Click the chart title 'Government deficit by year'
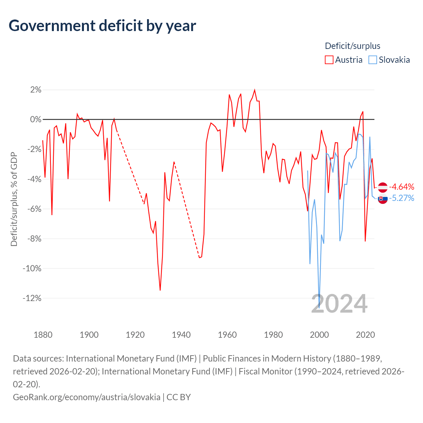coord(102,26)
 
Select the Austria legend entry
coord(344,60)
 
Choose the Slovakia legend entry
coord(389,60)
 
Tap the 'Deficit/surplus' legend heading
coord(352,46)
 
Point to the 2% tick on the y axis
coord(36,90)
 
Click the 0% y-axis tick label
coord(36,119)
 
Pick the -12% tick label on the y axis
coord(32,298)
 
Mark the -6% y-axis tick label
coord(34,209)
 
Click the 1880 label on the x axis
coord(43,335)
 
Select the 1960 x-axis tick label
coord(227,335)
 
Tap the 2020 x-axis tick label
coord(365,335)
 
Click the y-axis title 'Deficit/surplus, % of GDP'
coord(14,199)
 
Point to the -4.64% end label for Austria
coord(402,187)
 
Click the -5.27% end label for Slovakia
coord(402,198)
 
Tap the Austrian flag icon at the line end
coord(383,187)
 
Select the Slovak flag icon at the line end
coord(383,199)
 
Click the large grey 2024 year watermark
coord(339,304)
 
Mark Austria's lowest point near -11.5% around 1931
coord(160,290)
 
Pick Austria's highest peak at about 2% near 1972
coord(254,90)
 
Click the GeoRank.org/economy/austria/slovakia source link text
coord(87,397)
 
